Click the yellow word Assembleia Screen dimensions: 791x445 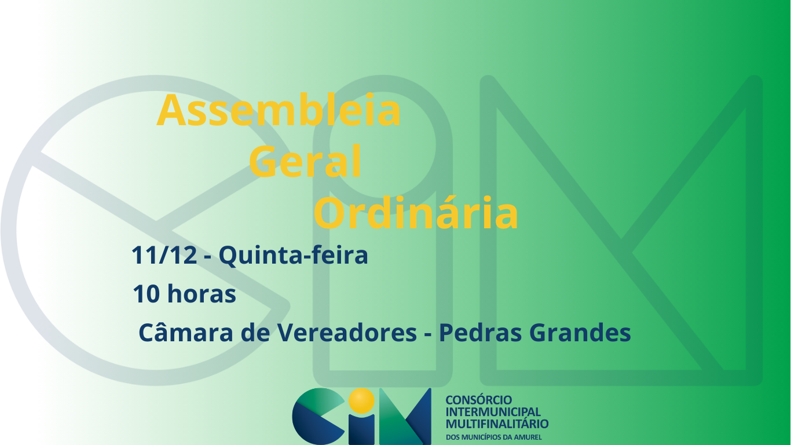tap(279, 110)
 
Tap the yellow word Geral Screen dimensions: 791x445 tap(305, 161)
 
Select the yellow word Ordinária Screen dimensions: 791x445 tap(416, 213)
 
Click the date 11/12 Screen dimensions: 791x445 tap(164, 255)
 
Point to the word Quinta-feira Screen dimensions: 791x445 tap(294, 256)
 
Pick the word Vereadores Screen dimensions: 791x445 tap(347, 332)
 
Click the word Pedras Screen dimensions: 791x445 tap(480, 332)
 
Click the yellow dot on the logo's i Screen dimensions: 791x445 tap(361, 400)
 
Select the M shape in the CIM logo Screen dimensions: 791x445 tap(405, 417)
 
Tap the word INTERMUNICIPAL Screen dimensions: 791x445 tap(493, 412)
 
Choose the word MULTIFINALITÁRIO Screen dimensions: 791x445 tap(497, 423)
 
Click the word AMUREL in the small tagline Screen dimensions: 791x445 tap(528, 437)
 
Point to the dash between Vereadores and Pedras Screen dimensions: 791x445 tap(428, 334)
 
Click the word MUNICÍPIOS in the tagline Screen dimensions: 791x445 tap(482, 437)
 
